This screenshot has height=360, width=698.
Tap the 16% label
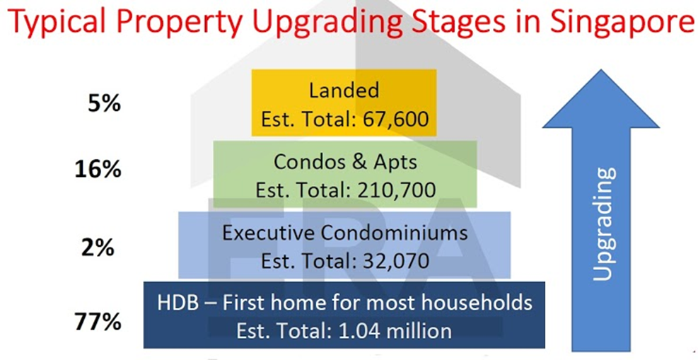pyautogui.click(x=98, y=170)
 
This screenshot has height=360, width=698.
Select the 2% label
pyautogui.click(x=98, y=248)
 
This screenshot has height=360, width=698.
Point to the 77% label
pyautogui.click(x=98, y=322)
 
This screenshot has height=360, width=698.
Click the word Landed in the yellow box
pyautogui.click(x=344, y=91)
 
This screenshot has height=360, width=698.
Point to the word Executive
pyautogui.click(x=269, y=233)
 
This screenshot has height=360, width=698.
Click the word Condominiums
pyautogui.click(x=393, y=233)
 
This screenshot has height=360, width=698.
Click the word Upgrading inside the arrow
pyautogui.click(x=605, y=223)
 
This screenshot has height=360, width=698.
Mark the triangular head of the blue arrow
pyautogui.click(x=600, y=99)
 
